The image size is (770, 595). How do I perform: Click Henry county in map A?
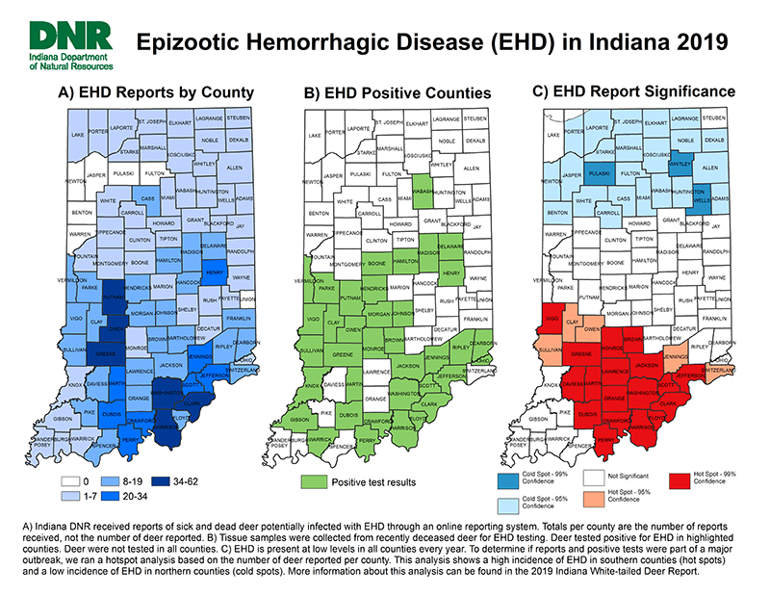coord(214,272)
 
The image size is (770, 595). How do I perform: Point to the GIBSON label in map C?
coord(539,419)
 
